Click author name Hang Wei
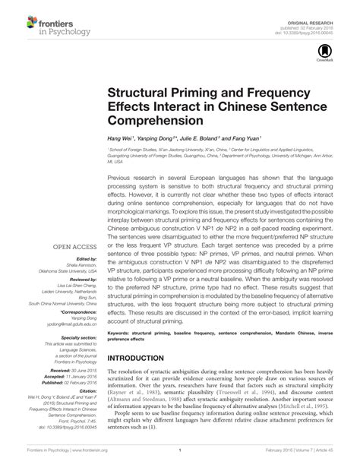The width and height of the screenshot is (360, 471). click(120, 140)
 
